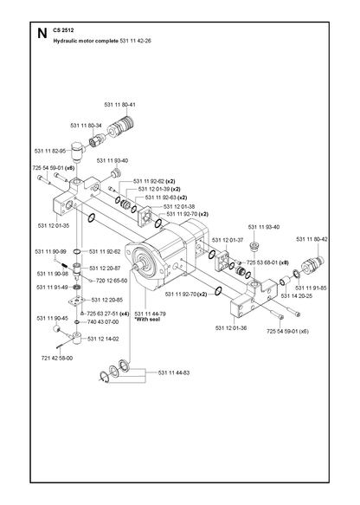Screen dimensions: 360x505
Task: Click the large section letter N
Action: (42, 33)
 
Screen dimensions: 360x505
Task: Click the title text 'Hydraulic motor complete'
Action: (86, 41)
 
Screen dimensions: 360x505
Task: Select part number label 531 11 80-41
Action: (120, 105)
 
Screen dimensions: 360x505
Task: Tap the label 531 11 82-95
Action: (50, 151)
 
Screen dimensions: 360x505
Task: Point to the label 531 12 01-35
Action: (54, 225)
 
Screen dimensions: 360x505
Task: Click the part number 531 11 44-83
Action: (174, 372)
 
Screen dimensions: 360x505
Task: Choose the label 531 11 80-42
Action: (312, 239)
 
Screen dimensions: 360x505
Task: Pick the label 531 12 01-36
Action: (231, 328)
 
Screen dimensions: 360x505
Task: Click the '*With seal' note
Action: (147, 319)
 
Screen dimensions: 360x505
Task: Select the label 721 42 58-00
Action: (57, 358)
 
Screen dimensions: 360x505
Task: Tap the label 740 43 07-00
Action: (103, 321)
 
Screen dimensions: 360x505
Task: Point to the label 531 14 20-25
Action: (297, 296)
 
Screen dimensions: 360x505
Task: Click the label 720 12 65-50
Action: (112, 281)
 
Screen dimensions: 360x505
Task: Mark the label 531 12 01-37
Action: (227, 240)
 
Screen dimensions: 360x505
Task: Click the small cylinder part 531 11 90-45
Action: (57, 329)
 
